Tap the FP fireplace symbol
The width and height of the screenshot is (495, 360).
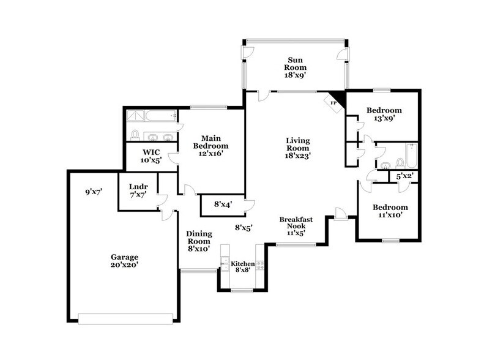(x=335, y=102)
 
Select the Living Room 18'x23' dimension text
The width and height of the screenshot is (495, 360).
(x=298, y=156)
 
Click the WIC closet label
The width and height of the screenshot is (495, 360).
(x=151, y=152)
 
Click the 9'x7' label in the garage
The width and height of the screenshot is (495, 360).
(x=93, y=192)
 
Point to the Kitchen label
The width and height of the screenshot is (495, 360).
(x=242, y=264)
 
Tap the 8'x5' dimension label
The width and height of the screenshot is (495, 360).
(x=244, y=228)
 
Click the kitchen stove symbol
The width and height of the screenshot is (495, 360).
(x=260, y=266)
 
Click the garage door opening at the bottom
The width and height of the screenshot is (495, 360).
(x=129, y=317)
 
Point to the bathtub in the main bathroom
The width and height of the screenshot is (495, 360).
(x=152, y=115)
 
